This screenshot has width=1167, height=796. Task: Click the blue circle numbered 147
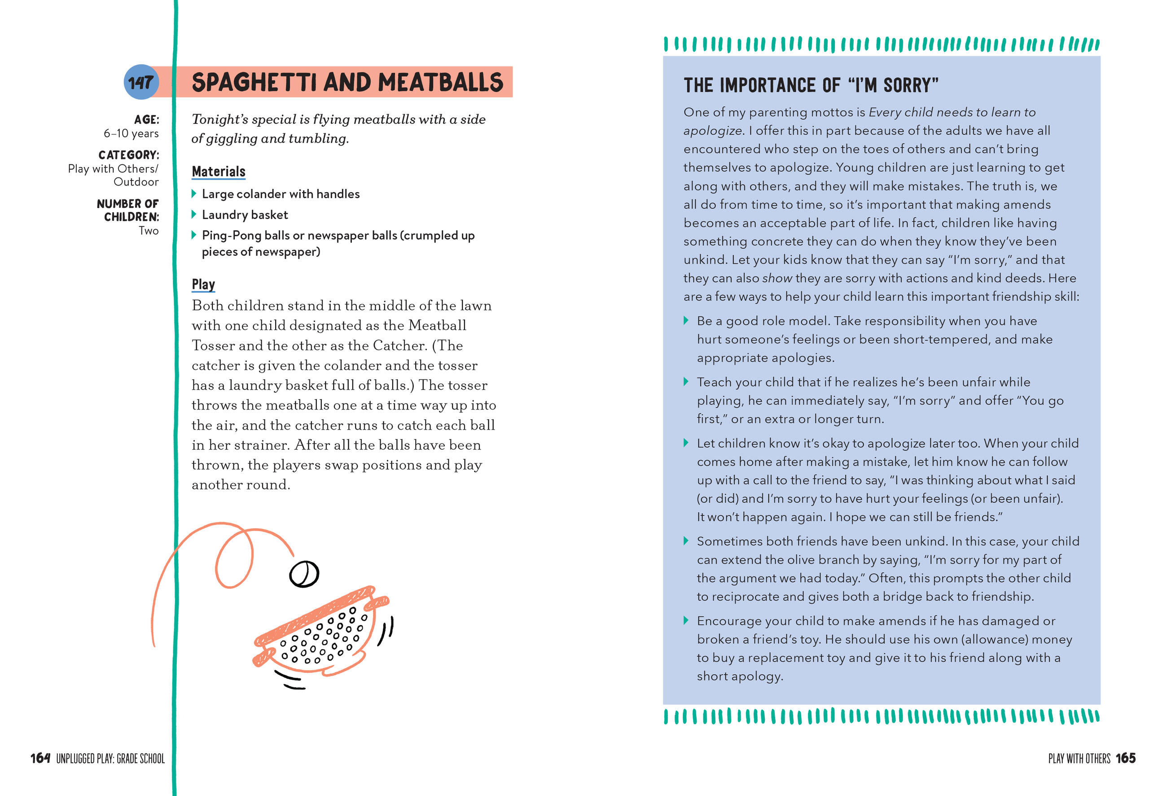140,82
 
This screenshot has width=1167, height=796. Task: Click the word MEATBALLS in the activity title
440,82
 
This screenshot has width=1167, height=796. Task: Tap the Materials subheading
219,172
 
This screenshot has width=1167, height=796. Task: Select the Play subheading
203,285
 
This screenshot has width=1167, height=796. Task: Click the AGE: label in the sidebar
146,119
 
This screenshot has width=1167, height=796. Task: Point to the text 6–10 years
131,134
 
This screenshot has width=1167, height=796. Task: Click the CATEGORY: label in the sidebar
128,155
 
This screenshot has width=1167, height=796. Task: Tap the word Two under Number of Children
149,231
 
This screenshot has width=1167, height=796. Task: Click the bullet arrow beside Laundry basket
194,215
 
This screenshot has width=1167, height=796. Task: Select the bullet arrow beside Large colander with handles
194,194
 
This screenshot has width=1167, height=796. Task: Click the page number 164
40,758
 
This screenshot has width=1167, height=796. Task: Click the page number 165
1125,758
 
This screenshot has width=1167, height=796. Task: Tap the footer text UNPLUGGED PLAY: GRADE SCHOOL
110,758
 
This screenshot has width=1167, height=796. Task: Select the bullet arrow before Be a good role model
686,321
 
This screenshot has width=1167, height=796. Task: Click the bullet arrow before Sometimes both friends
686,541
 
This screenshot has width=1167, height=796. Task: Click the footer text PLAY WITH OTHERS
1079,758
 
